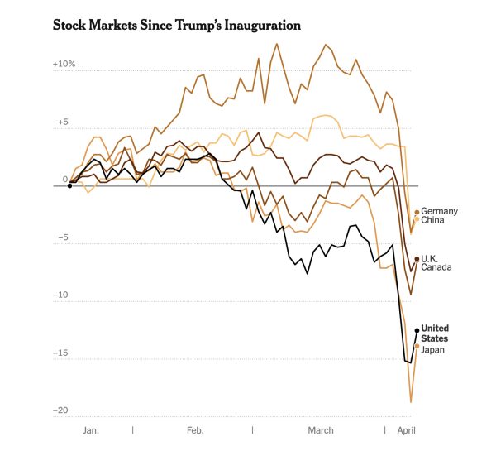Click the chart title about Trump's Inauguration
pos(176,26)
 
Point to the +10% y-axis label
pos(64,65)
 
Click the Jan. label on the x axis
pos(91,430)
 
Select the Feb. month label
pos(195,430)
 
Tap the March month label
pos(321,430)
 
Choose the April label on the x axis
pos(407,430)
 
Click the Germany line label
pos(439,211)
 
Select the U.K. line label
pos(432,258)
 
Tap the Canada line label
pos(436,268)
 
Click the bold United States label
pos(435,333)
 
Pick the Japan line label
pos(434,350)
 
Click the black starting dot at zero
pos(69,186)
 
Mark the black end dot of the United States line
pos(417,329)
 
